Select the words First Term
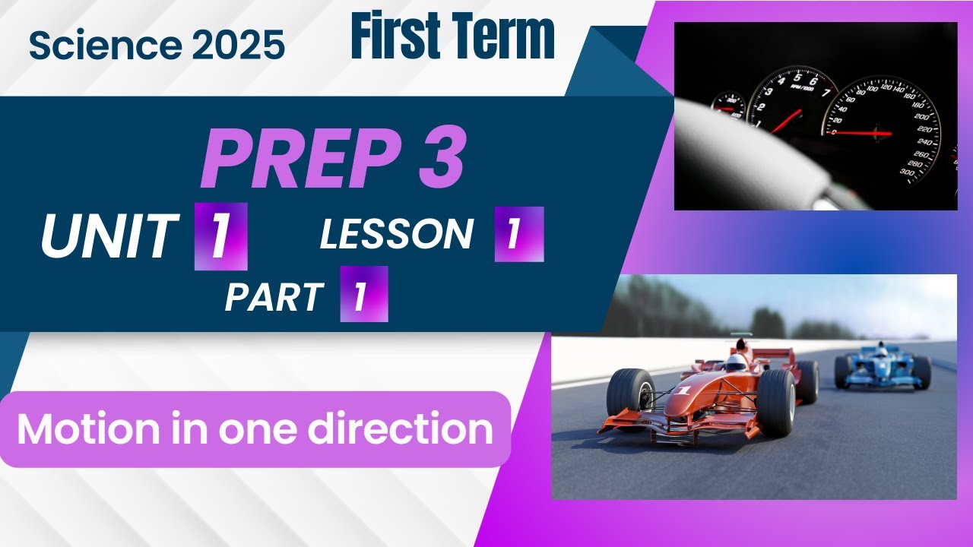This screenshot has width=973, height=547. coord(452,38)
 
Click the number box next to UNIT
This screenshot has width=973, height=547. coord(220,236)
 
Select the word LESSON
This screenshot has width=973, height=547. coord(396,235)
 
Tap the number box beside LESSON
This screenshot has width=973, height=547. coord(518,234)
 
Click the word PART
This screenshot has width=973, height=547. coord(274,297)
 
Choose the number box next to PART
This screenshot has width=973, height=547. coord(363,294)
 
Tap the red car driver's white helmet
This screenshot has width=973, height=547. coord(736,363)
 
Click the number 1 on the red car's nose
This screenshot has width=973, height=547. coord(683,390)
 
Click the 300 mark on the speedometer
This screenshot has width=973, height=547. coord(905,172)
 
